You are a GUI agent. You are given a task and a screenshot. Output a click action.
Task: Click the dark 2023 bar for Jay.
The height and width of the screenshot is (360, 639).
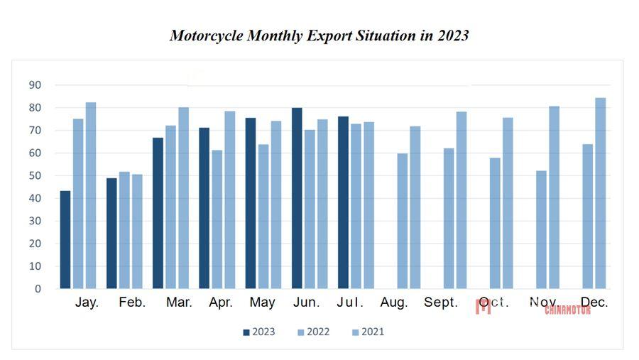tap(65, 240)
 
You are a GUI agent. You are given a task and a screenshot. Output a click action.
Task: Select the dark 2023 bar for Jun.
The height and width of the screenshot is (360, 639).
tap(297, 198)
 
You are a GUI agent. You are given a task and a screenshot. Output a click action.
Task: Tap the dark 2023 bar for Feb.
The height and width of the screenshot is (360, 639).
tap(111, 234)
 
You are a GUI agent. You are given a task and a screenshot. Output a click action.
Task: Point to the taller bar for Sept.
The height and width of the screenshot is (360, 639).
tap(461, 200)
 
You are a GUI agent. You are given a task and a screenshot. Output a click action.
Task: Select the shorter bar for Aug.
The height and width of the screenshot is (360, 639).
tap(403, 221)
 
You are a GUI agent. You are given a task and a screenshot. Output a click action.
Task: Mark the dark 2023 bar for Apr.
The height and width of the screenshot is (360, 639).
tap(204, 208)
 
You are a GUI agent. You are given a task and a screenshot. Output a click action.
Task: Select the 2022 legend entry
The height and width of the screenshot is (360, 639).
tap(313, 332)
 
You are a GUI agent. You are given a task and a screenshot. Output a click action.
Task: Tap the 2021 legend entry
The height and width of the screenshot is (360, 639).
tap(368, 332)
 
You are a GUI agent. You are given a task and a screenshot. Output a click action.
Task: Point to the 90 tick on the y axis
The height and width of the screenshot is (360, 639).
tap(35, 85)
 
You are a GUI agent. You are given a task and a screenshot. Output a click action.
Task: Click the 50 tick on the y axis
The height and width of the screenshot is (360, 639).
tap(35, 175)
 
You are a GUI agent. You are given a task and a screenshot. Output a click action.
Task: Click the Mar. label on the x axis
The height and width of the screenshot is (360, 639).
tap(179, 302)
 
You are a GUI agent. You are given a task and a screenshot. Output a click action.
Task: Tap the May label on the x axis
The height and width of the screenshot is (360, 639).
tap(263, 302)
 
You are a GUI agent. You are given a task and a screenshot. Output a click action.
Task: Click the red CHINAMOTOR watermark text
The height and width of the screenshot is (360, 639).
tap(567, 310)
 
